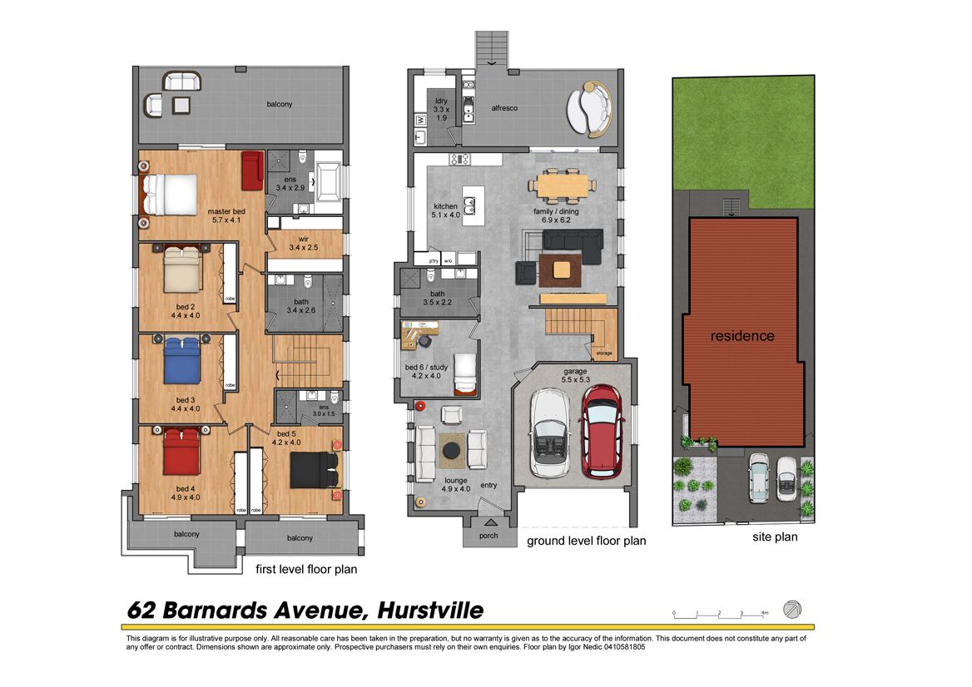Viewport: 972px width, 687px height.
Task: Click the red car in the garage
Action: [x=601, y=432]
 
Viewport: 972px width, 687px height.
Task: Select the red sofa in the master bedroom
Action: [x=252, y=171]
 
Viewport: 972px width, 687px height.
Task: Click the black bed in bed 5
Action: [x=315, y=470]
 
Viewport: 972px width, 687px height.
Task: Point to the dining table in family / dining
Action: [x=563, y=185]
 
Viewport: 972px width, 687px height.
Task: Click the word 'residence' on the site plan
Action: [x=742, y=336]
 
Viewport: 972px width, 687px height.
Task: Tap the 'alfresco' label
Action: [x=504, y=108]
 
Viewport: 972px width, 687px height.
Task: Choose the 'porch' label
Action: [x=488, y=536]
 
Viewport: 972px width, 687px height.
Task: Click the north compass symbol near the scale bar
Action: [x=791, y=609]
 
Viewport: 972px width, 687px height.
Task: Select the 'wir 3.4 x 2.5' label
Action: [x=303, y=243]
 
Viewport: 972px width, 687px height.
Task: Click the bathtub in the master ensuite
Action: [x=328, y=181]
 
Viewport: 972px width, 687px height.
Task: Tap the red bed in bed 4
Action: [x=181, y=452]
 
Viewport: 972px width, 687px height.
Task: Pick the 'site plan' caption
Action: [x=775, y=537]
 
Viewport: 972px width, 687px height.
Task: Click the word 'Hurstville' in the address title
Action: [x=430, y=610]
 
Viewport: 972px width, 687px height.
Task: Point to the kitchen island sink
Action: [x=469, y=205]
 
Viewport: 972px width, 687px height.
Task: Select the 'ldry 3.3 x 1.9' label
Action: [x=441, y=109]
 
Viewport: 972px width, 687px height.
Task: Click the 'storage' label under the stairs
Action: [x=604, y=353]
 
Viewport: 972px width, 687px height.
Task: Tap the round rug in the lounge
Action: [x=451, y=450]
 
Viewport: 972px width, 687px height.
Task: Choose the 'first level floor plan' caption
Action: [x=306, y=569]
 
